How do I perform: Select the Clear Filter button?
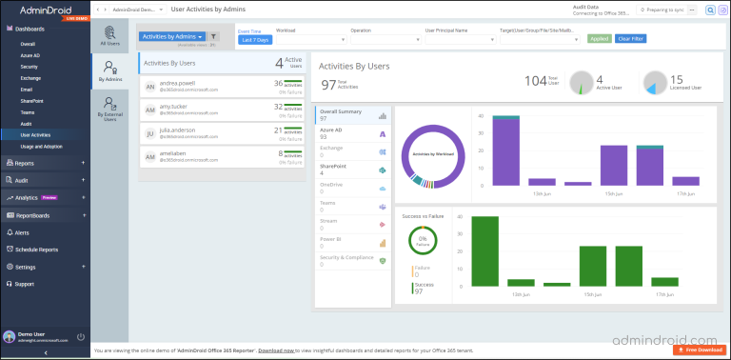point(630,38)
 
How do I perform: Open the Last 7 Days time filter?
point(253,40)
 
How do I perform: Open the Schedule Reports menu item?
point(36,250)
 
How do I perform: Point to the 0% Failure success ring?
point(422,240)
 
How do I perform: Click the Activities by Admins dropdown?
point(172,36)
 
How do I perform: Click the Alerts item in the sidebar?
point(22,232)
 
